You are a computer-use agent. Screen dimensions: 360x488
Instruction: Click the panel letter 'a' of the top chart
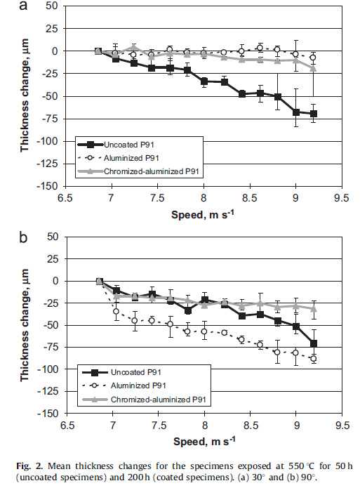pyautogui.click(x=24, y=6)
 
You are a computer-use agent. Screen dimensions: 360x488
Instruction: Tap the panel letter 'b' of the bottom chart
pyautogui.click(x=24, y=237)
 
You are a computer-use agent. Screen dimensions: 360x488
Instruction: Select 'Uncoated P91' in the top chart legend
pyautogui.click(x=129, y=145)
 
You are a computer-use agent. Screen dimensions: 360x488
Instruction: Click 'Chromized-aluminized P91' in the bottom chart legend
pyautogui.click(x=159, y=400)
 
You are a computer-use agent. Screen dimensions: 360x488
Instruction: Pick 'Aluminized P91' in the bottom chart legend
pyautogui.click(x=138, y=385)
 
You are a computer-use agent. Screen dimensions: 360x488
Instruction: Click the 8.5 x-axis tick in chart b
pyautogui.click(x=251, y=425)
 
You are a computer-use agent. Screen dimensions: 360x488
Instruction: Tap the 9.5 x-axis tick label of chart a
pyautogui.click(x=341, y=198)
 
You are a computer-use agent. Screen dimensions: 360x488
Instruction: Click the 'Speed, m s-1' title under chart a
pyautogui.click(x=203, y=214)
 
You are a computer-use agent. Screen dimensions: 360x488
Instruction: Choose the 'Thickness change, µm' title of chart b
pyautogui.click(x=25, y=325)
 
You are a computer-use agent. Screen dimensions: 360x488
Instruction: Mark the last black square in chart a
pyautogui.click(x=314, y=114)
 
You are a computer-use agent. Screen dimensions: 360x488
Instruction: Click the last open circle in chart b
pyautogui.click(x=314, y=359)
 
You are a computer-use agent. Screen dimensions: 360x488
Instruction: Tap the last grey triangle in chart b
pyautogui.click(x=314, y=308)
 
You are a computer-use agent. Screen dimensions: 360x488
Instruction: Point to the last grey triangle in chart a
pyautogui.click(x=314, y=68)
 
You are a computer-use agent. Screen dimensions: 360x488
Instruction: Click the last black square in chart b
pyautogui.click(x=314, y=343)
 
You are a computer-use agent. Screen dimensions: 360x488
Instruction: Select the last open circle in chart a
pyautogui.click(x=313, y=58)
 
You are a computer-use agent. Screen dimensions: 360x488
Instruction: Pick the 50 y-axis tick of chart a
pyautogui.click(x=52, y=6)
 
